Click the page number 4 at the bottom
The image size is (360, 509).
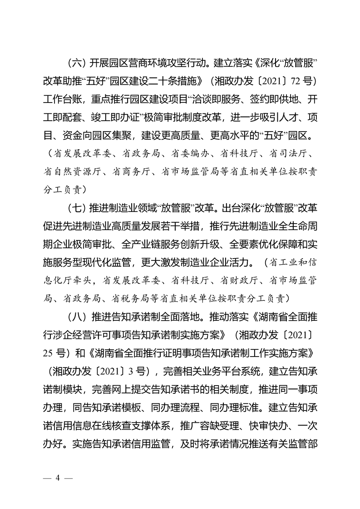tap(58, 478)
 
